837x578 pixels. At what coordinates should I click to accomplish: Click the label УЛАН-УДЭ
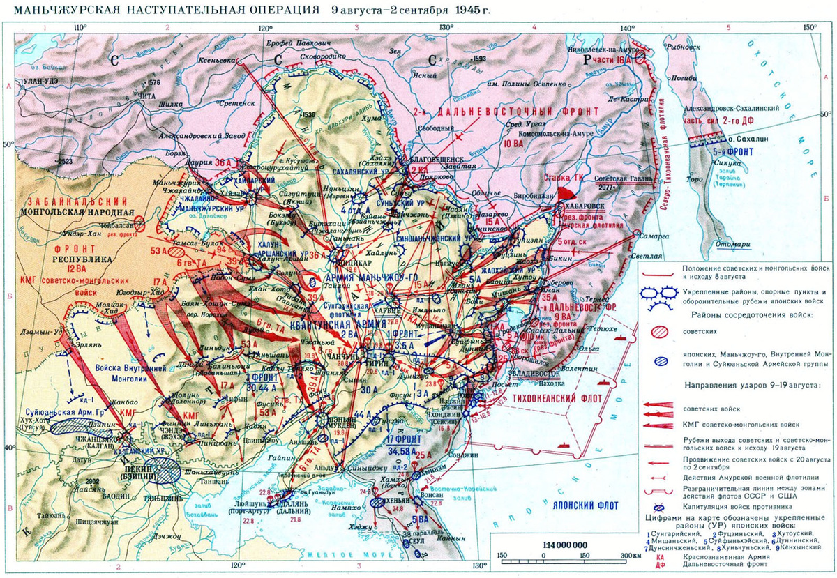[44, 82]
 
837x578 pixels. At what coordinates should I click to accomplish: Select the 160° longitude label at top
[808, 27]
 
